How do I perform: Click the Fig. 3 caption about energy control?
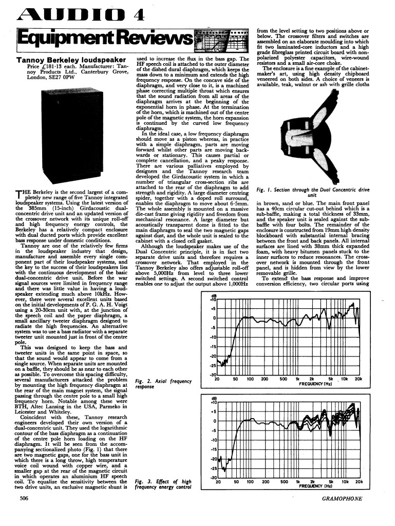162,484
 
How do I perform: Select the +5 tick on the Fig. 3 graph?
212,411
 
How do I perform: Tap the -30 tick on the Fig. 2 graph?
212,375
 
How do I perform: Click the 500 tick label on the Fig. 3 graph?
283,482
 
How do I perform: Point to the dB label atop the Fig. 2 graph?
213,296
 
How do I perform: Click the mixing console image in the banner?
222,37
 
